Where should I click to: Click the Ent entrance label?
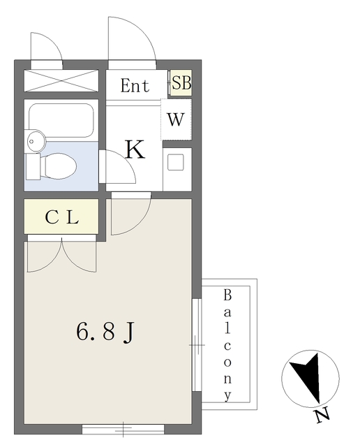(x=135, y=86)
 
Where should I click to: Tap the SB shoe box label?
(x=181, y=83)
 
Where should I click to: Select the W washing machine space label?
(x=176, y=119)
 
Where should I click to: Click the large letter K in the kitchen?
(x=134, y=149)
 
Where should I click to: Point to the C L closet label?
(x=61, y=217)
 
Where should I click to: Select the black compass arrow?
(x=306, y=377)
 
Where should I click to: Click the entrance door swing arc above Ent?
(x=131, y=42)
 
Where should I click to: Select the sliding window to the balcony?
(x=197, y=344)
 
